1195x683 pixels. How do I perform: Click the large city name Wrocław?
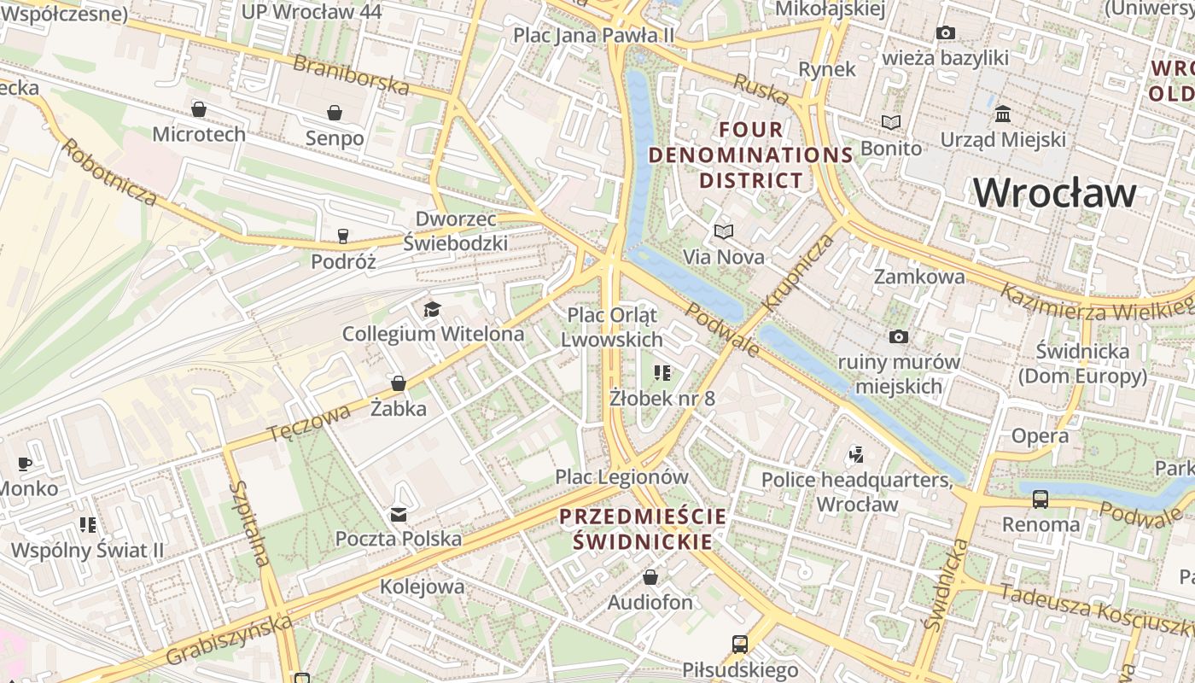point(1054,193)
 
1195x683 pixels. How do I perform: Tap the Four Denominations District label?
point(751,155)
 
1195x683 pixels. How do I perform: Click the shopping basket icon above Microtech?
point(199,109)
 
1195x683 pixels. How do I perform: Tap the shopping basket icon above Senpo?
point(334,113)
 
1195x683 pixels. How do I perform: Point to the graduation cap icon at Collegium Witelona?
point(433,309)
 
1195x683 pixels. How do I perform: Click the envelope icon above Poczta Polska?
point(398,514)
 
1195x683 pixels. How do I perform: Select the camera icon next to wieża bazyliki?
point(945,33)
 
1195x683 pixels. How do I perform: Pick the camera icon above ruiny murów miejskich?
point(898,337)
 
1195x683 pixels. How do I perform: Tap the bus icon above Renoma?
point(1040,499)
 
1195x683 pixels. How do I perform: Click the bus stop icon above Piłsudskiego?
point(739,645)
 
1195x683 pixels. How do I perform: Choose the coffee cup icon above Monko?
point(25,464)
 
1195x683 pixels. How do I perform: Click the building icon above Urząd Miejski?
point(1003,114)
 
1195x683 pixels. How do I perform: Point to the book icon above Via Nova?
point(724,231)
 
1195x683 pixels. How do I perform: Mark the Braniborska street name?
point(351,74)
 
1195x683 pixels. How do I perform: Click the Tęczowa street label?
point(309,423)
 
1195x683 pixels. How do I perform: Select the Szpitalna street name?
point(249,523)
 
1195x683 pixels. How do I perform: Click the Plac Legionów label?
point(621,476)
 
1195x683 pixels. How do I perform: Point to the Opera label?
point(1040,435)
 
